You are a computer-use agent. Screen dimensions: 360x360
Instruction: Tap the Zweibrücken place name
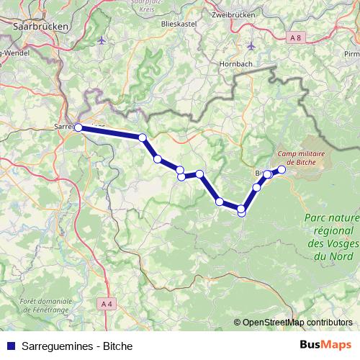click(235, 14)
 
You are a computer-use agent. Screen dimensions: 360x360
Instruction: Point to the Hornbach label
click(234, 63)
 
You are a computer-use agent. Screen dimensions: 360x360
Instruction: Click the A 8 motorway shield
click(295, 36)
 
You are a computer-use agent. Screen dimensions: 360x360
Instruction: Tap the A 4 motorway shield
click(107, 305)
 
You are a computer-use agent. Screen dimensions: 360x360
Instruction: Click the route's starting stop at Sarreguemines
click(78, 127)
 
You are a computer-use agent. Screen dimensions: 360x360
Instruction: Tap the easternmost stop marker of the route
click(282, 170)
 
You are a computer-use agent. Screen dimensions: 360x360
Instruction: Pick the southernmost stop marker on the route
click(241, 212)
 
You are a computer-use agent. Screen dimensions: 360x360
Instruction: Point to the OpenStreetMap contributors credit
click(297, 322)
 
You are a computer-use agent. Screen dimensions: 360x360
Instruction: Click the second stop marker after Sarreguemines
click(157, 159)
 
